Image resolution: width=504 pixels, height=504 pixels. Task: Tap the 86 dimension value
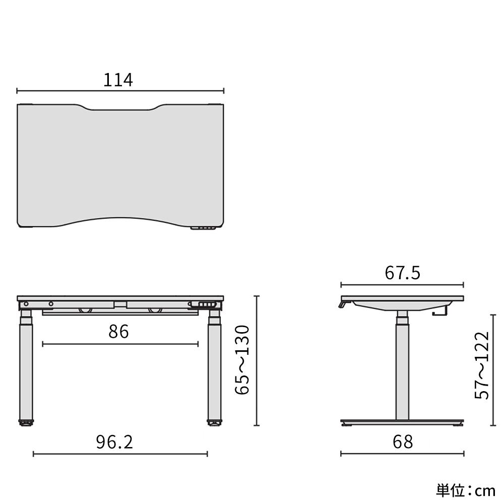pyautogui.click(x=119, y=332)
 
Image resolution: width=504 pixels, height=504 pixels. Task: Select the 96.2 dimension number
pyautogui.click(x=114, y=442)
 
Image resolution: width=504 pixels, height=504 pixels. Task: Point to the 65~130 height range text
pyautogui.click(x=242, y=359)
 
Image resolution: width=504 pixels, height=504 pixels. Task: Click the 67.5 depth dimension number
pyautogui.click(x=402, y=273)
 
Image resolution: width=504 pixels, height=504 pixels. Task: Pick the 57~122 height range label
pyautogui.click(x=482, y=365)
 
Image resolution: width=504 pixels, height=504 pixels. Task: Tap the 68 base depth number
pyautogui.click(x=402, y=442)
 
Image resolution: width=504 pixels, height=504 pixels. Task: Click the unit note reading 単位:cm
pyautogui.click(x=466, y=489)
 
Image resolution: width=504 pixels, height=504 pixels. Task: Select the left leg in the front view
pyautogui.click(x=26, y=368)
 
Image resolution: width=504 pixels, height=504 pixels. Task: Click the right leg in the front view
pyautogui.click(x=214, y=368)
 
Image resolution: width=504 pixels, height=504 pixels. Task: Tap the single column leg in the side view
pyautogui.click(x=402, y=368)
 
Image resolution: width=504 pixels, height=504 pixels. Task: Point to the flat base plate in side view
pyautogui.click(x=402, y=422)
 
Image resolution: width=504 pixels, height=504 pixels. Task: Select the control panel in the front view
pyautogui.click(x=205, y=305)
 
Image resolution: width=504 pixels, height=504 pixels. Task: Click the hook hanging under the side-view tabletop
pyautogui.click(x=440, y=312)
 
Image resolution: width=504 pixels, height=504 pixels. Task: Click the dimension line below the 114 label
pyautogui.click(x=120, y=91)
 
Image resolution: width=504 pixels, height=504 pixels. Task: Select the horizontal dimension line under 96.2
pyautogui.click(x=120, y=454)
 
